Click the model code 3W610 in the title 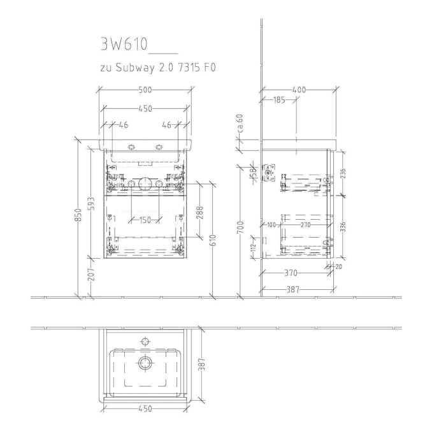(124, 45)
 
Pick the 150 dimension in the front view (146, 220)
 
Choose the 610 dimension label (212, 240)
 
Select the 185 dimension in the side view (278, 100)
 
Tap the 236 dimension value (342, 174)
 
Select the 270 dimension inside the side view (305, 224)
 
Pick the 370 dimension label (290, 273)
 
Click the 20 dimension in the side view (338, 267)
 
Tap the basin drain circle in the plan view (146, 364)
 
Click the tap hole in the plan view (146, 341)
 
